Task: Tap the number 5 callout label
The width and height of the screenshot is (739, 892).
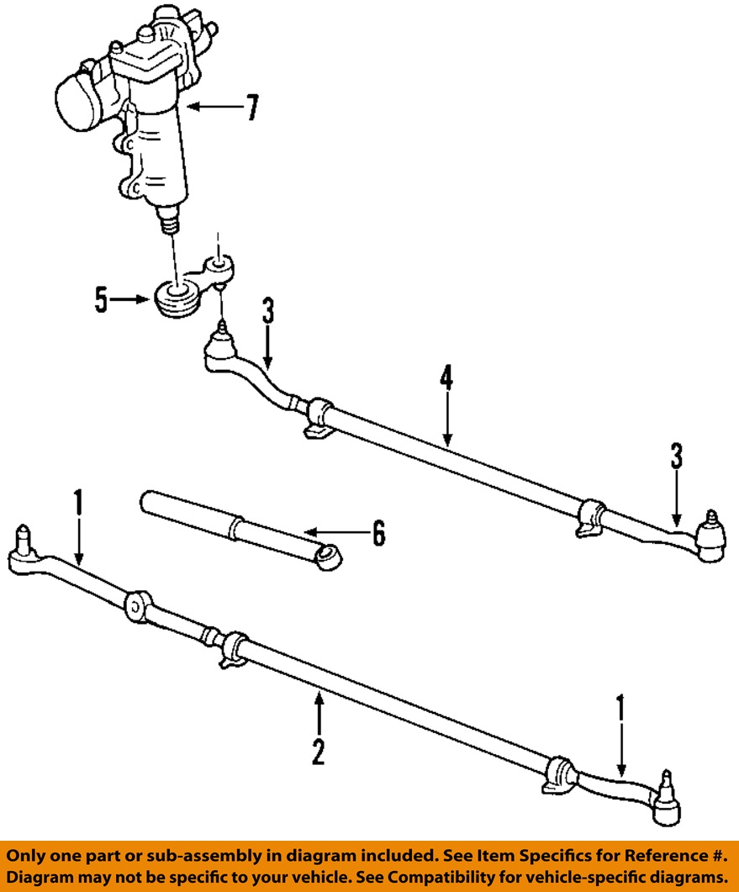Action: point(102,300)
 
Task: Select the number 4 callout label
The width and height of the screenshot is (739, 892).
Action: point(446,380)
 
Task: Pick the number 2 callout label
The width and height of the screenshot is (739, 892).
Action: point(318,750)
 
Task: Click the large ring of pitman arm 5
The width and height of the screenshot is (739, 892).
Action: point(178,296)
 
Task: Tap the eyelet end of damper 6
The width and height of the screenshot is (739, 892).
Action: point(329,557)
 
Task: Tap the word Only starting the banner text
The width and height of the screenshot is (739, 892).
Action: point(29,855)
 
